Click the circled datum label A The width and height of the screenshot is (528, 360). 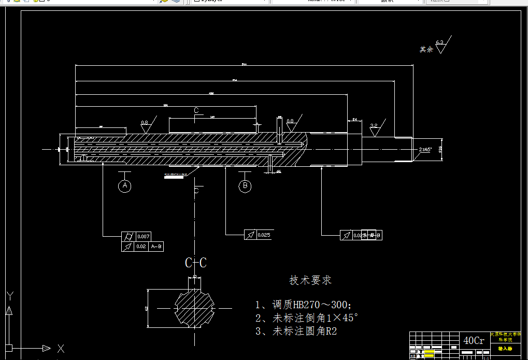pyautogui.click(x=124, y=185)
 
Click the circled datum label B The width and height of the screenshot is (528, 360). pyautogui.click(x=245, y=186)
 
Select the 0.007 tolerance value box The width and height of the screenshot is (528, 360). pyautogui.click(x=143, y=237)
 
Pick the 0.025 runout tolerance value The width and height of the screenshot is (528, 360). pyautogui.click(x=264, y=235)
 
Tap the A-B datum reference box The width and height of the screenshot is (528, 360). pyautogui.click(x=156, y=247)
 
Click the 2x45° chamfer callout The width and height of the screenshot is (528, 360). pyautogui.click(x=425, y=149)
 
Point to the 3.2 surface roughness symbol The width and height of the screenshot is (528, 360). pyautogui.click(x=374, y=127)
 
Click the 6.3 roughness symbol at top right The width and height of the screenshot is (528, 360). pyautogui.click(x=441, y=46)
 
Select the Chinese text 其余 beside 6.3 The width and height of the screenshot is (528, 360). pyautogui.click(x=426, y=50)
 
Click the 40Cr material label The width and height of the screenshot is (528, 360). pyautogui.click(x=474, y=341)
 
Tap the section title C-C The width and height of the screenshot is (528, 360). pyautogui.click(x=196, y=263)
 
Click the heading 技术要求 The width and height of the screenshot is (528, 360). pyautogui.click(x=310, y=280)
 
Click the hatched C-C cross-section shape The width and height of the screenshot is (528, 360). pyautogui.click(x=194, y=307)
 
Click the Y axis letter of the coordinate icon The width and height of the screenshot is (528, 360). pyautogui.click(x=9, y=296)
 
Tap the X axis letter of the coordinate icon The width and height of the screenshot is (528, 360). pyautogui.click(x=61, y=349)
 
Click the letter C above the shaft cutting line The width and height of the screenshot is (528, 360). pyautogui.click(x=196, y=110)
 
